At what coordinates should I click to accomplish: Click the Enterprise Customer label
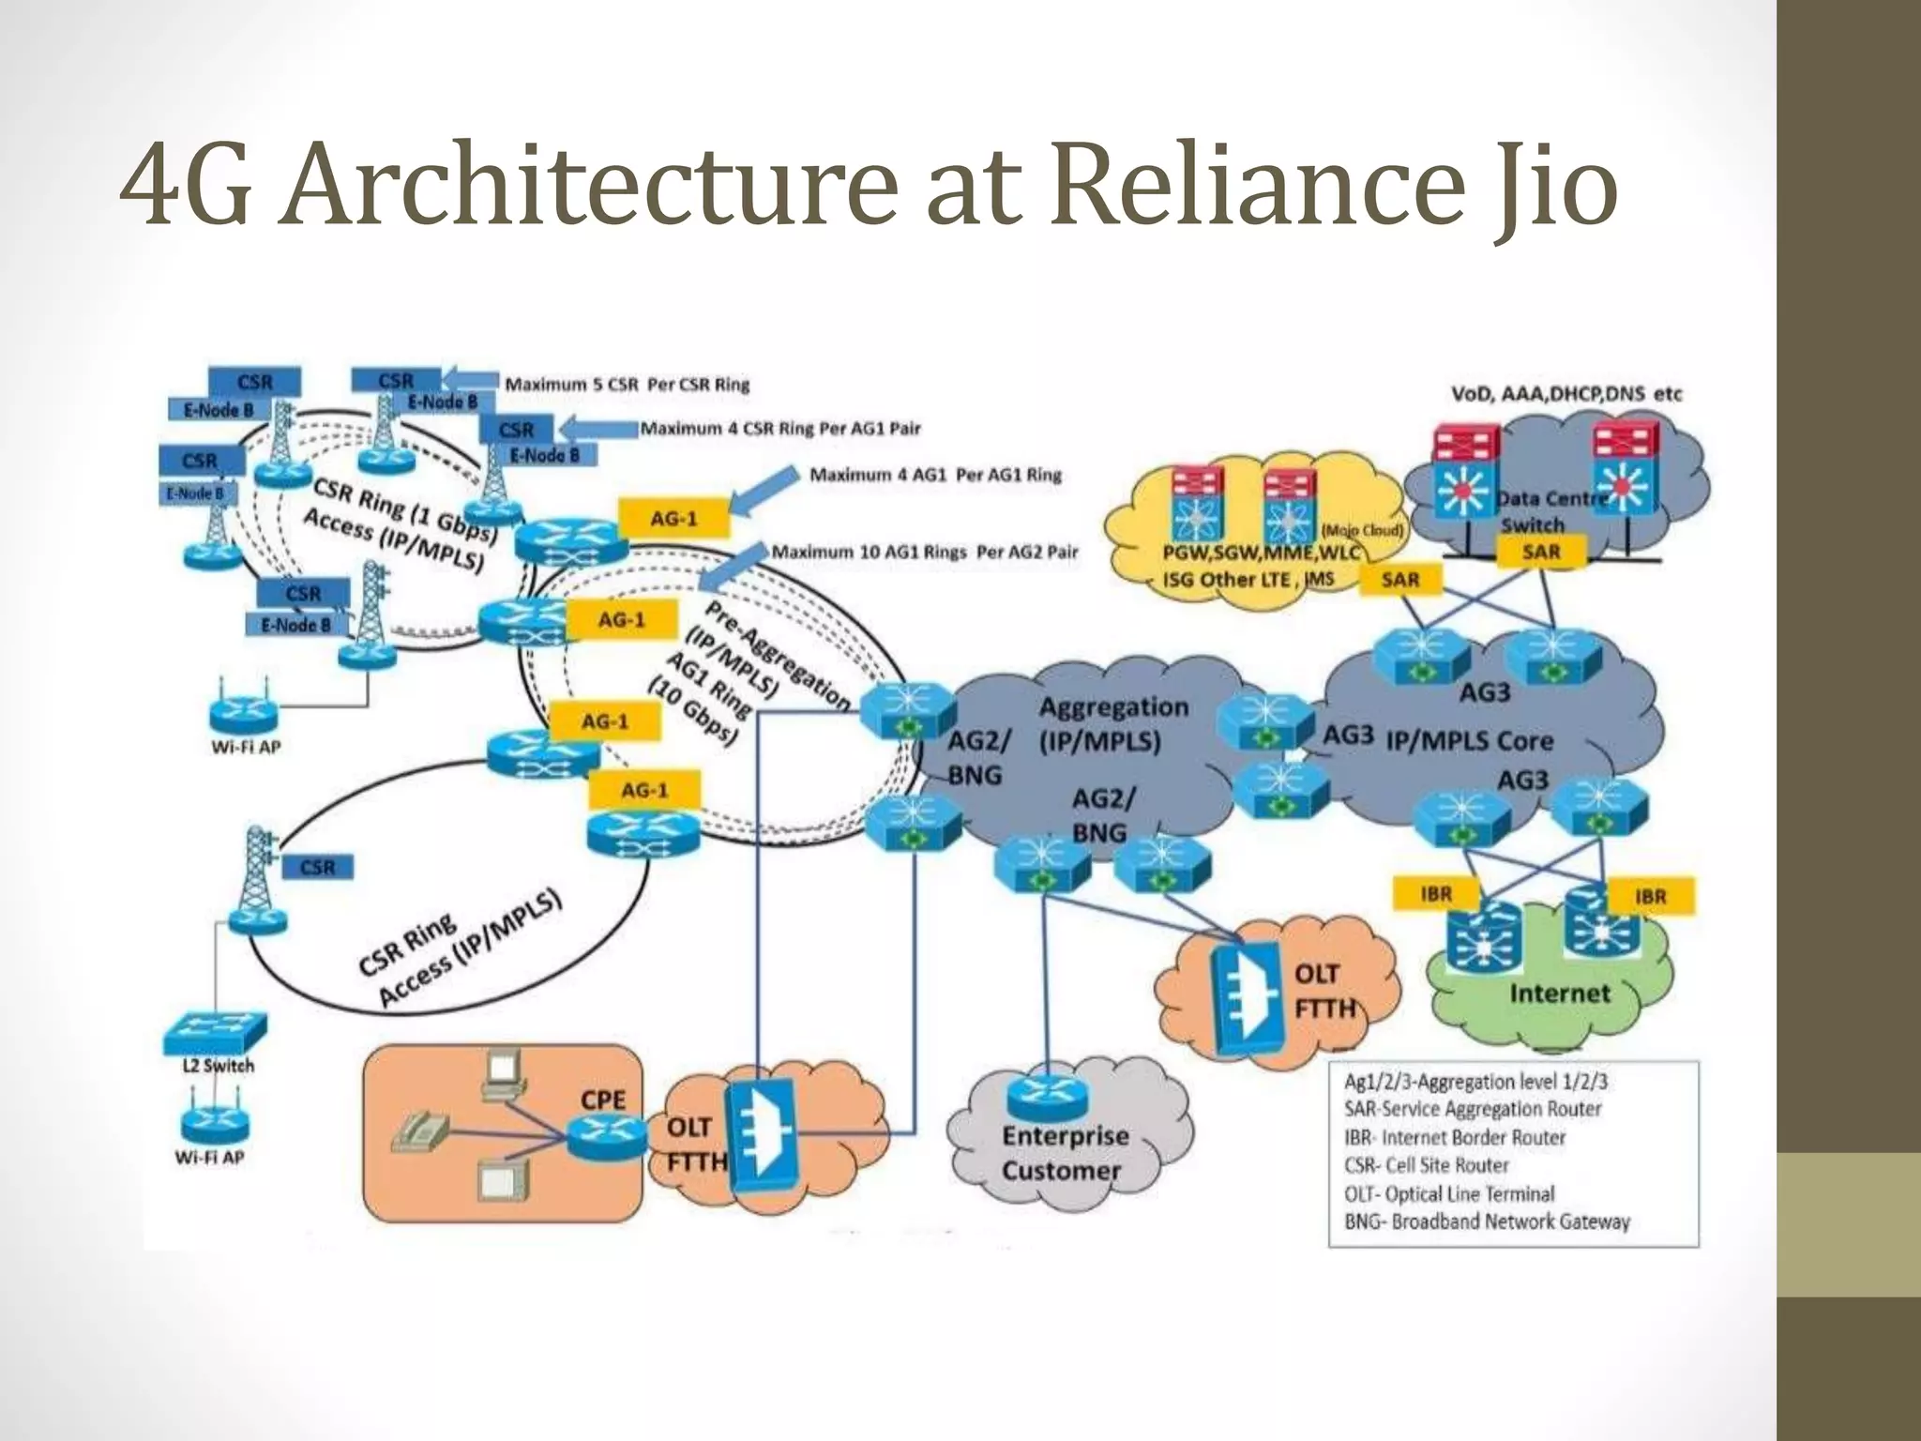(x=1064, y=1153)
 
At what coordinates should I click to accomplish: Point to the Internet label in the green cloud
(x=1559, y=994)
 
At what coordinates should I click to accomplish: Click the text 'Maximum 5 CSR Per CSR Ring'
(x=627, y=385)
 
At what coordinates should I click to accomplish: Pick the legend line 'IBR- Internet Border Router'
(x=1455, y=1137)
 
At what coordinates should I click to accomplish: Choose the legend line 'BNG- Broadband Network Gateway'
(x=1487, y=1221)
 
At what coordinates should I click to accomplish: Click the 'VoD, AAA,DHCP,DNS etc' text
(x=1566, y=394)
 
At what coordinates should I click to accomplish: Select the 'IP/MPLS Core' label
(x=1469, y=741)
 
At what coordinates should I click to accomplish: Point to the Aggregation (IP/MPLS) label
(x=1112, y=723)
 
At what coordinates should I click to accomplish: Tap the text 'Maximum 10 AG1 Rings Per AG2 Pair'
(x=924, y=553)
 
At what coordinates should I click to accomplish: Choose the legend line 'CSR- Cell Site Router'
(x=1426, y=1165)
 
